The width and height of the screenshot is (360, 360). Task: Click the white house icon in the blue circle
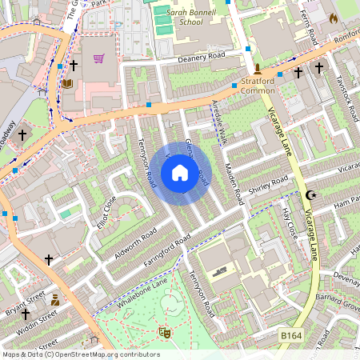click(180, 172)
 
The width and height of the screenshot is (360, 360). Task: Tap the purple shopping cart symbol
click(98, 58)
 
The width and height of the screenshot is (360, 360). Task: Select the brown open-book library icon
click(67, 82)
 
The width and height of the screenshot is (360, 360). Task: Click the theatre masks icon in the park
click(165, 332)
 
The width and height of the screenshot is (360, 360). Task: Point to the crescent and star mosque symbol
click(311, 195)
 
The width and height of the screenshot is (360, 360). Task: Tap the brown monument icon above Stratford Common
click(258, 69)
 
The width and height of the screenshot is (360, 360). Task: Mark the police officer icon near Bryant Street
click(54, 300)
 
